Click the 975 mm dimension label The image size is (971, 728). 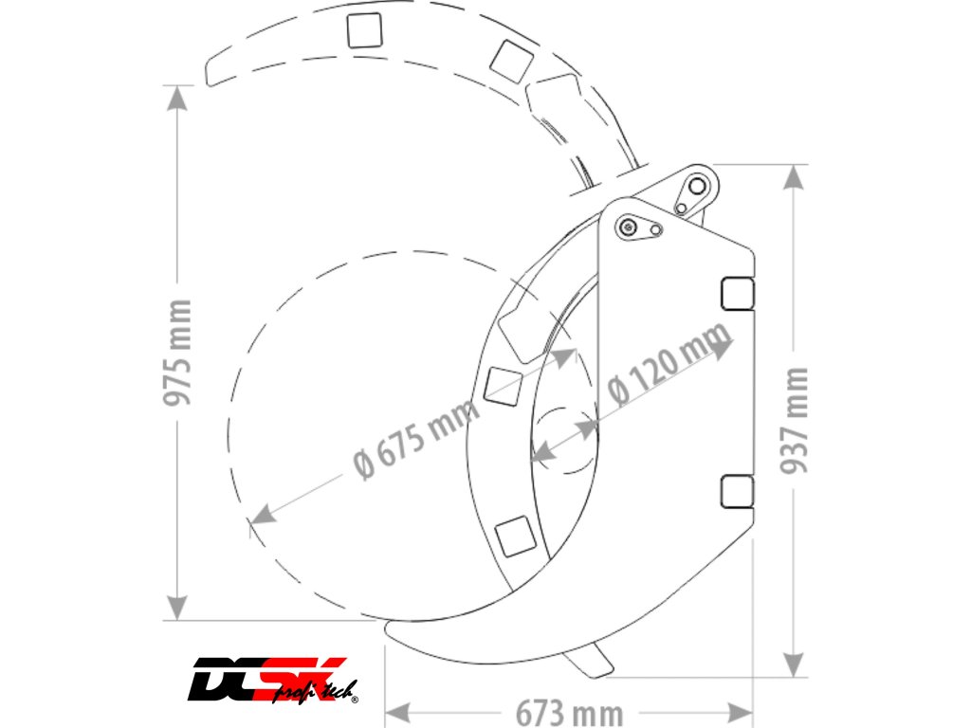pyautogui.click(x=177, y=352)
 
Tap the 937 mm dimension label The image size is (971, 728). pyautogui.click(x=795, y=420)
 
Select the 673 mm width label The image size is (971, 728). pyautogui.click(x=569, y=713)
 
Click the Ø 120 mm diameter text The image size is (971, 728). pyautogui.click(x=669, y=364)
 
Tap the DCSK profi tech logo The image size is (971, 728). pyautogui.click(x=273, y=681)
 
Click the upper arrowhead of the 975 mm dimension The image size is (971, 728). pyautogui.click(x=177, y=98)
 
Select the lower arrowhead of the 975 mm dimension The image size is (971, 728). pyautogui.click(x=177, y=607)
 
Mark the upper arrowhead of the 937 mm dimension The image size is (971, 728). pyautogui.click(x=794, y=177)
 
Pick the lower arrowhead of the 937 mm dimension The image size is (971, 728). pyautogui.click(x=794, y=664)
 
